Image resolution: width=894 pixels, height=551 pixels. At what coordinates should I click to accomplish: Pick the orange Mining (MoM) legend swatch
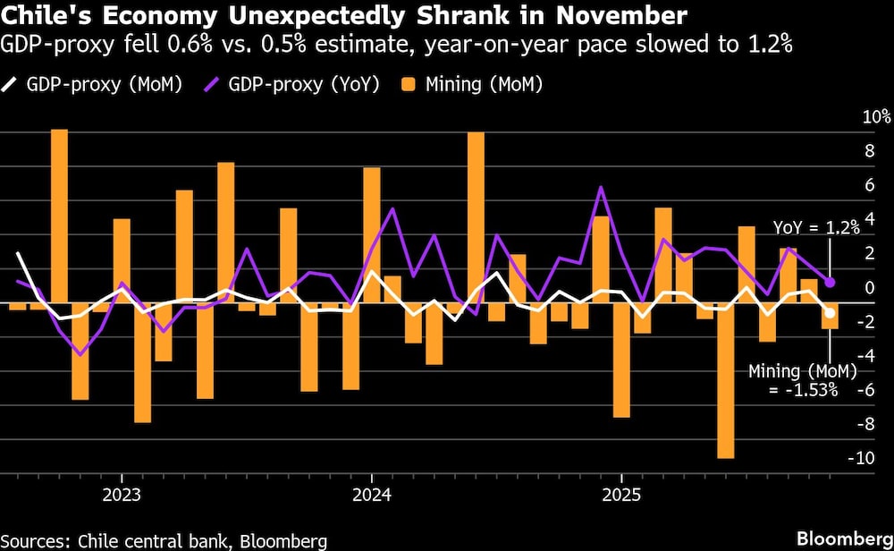409,85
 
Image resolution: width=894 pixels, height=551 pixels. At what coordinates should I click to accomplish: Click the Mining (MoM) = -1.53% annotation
792,380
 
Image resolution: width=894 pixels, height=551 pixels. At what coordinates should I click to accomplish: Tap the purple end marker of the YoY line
831,283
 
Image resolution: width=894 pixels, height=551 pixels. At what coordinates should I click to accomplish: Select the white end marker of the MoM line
831,313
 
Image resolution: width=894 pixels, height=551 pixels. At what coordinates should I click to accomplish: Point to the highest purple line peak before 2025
600,188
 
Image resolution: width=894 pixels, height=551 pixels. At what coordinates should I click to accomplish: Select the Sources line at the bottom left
164,540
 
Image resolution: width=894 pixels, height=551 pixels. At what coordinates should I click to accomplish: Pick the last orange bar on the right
830,317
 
